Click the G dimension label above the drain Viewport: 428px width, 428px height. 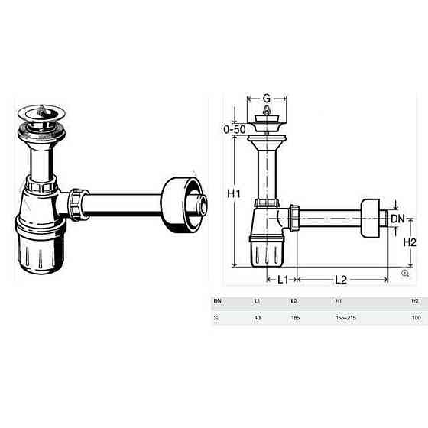pyautogui.click(x=266, y=98)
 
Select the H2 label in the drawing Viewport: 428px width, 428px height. pyautogui.click(x=410, y=242)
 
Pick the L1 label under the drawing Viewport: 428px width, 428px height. pyautogui.click(x=281, y=280)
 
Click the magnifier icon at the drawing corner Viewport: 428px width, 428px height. pyautogui.click(x=404, y=273)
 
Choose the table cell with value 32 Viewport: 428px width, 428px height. pyautogui.click(x=217, y=317)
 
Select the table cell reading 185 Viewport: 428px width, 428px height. pyautogui.click(x=294, y=317)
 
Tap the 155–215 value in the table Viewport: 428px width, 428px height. pyautogui.click(x=345, y=317)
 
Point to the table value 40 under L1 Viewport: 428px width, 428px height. pyautogui.click(x=257, y=317)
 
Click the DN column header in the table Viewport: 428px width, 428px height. pyautogui.click(x=217, y=301)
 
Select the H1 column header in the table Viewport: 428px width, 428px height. pyautogui.click(x=339, y=301)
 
